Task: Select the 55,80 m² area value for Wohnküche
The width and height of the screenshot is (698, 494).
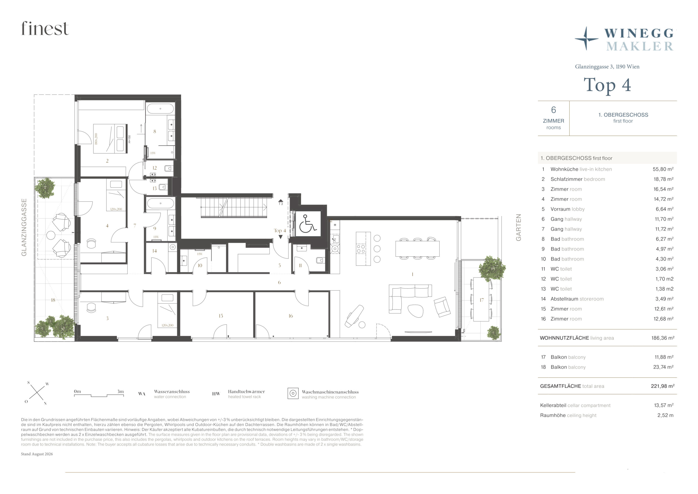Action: tap(663, 169)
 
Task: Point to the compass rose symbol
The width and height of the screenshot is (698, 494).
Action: tap(37, 393)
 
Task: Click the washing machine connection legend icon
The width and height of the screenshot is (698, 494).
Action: tap(293, 393)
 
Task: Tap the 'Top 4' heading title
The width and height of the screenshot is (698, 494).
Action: tap(607, 85)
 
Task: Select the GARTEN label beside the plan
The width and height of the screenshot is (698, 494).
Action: tap(518, 227)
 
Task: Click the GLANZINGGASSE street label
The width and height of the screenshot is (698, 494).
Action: tap(24, 227)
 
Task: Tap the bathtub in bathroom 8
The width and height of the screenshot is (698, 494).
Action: tap(160, 109)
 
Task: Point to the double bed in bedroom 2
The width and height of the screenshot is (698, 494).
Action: tap(110, 138)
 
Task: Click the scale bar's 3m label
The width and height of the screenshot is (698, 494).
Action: tap(120, 392)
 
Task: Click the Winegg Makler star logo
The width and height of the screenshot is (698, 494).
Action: tap(586, 39)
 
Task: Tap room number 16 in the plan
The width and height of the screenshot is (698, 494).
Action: tap(291, 316)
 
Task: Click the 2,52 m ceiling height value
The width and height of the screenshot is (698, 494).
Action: tap(665, 415)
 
